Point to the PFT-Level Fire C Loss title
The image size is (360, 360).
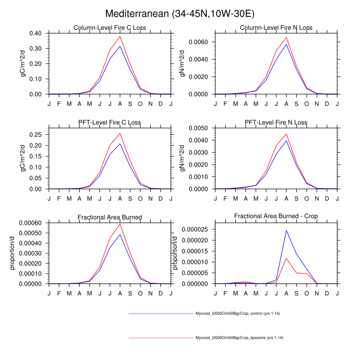110,122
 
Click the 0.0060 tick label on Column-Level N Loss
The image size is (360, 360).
197,41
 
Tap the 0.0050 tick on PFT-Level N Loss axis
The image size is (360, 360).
197,128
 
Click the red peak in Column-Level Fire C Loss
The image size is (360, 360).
120,36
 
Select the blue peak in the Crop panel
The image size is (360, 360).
286,230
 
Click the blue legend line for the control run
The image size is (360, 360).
159,313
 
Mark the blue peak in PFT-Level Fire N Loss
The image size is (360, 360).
286,140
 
